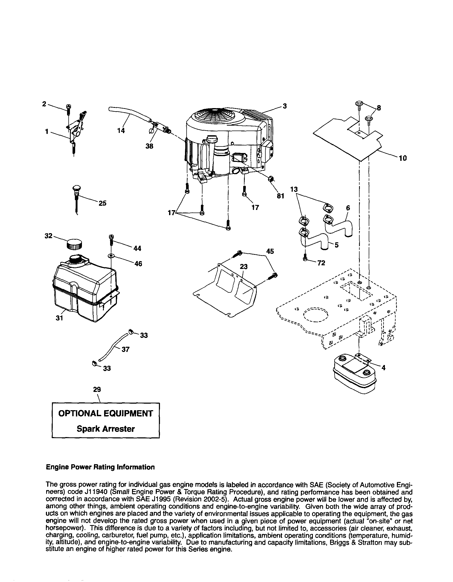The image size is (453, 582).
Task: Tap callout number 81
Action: tap(281, 196)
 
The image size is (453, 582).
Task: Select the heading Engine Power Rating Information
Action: tap(100, 467)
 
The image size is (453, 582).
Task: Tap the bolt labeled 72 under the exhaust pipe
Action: tap(306, 258)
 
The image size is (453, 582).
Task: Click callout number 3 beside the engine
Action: tap(284, 106)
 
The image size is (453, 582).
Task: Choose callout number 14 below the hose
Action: tap(121, 131)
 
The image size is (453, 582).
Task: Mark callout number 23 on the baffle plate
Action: tap(243, 266)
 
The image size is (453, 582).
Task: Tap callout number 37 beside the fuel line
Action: tap(125, 349)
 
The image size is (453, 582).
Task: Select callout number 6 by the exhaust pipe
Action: tap(348, 208)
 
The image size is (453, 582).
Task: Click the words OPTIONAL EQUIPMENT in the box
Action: tap(106, 413)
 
